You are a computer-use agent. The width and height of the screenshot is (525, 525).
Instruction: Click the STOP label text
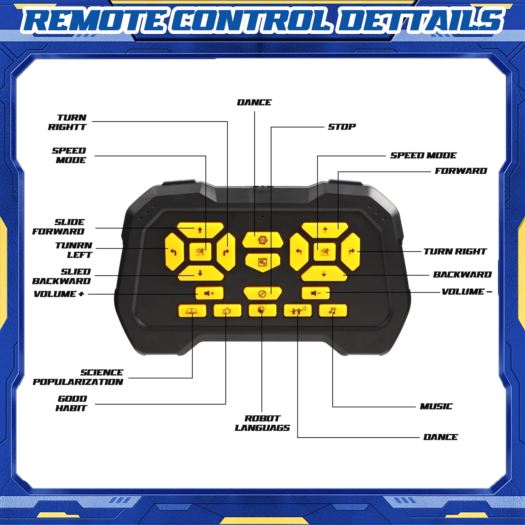342,127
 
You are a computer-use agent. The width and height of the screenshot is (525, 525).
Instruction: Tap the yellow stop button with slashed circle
262,293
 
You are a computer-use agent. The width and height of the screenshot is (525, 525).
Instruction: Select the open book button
192,311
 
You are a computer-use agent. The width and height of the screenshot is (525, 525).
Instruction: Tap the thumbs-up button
227,311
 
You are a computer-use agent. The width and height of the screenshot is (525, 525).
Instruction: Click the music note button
333,311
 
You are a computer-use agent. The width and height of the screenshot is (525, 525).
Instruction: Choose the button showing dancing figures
298,311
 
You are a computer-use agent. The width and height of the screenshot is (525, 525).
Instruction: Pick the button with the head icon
262,311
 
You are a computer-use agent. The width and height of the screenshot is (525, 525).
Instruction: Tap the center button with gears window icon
262,262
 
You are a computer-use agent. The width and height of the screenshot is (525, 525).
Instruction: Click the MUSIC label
436,407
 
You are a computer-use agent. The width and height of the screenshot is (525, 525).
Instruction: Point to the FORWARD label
461,171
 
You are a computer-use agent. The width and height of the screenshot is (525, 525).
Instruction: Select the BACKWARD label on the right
462,275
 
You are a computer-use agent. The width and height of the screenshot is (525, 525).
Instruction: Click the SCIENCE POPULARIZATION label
78,377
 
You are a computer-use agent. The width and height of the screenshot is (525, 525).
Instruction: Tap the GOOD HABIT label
71,403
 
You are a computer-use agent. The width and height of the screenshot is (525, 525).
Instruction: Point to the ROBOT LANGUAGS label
262,423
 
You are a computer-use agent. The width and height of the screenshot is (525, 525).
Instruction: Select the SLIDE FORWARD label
59,227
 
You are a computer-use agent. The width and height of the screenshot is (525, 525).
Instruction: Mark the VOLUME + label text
59,294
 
